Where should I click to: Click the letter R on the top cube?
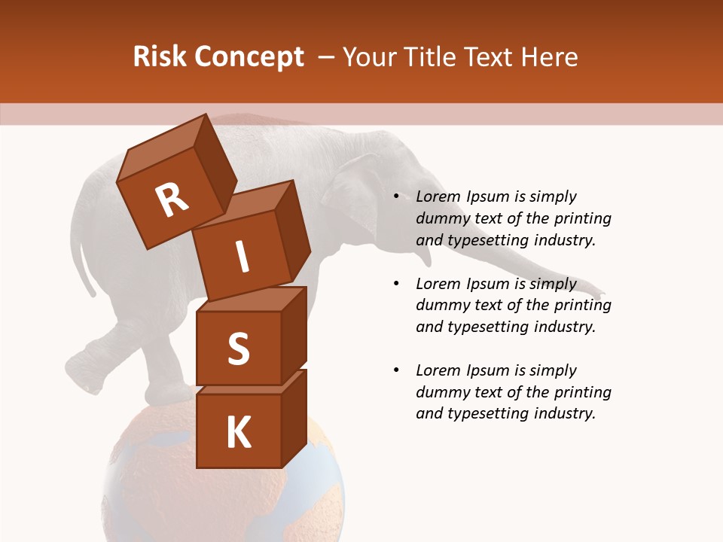(x=172, y=199)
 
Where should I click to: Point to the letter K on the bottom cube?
(x=238, y=433)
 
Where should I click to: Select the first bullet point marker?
(x=396, y=196)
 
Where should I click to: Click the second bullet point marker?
(x=396, y=284)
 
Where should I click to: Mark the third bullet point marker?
(x=396, y=370)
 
